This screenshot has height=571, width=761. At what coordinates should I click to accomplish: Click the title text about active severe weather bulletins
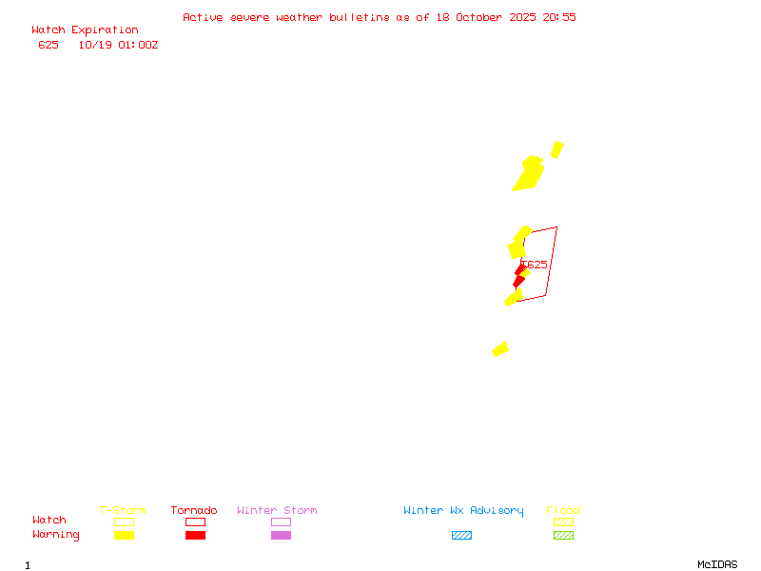tap(379, 17)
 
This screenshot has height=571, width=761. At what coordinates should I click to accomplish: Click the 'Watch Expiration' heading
tap(85, 30)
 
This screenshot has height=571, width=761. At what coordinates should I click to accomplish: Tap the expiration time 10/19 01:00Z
tap(118, 45)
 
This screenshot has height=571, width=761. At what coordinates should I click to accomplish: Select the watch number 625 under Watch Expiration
tap(49, 45)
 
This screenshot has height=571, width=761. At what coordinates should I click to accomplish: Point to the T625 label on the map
tap(535, 265)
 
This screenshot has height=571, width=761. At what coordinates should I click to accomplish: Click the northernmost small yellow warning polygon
tap(557, 149)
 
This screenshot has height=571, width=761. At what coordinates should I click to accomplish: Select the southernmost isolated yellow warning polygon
tap(500, 349)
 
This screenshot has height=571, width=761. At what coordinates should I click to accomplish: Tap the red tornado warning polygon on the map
tap(518, 276)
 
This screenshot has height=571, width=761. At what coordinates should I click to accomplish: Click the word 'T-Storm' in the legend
tap(123, 511)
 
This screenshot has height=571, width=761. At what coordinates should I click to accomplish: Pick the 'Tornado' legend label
tap(194, 511)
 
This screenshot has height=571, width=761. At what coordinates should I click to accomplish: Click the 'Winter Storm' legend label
tap(277, 511)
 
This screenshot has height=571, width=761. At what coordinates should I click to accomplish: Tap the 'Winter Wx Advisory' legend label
tap(463, 511)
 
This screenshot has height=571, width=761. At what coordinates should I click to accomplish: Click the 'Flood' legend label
tap(563, 511)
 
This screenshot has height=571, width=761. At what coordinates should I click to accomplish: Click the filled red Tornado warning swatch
tap(195, 535)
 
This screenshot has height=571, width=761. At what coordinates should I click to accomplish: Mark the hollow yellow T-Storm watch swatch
tap(124, 522)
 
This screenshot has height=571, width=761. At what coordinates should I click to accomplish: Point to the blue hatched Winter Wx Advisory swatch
tap(461, 535)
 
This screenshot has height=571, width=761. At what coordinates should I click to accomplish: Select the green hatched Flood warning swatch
tap(563, 535)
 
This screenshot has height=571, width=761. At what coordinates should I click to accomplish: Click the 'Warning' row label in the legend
tap(56, 535)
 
